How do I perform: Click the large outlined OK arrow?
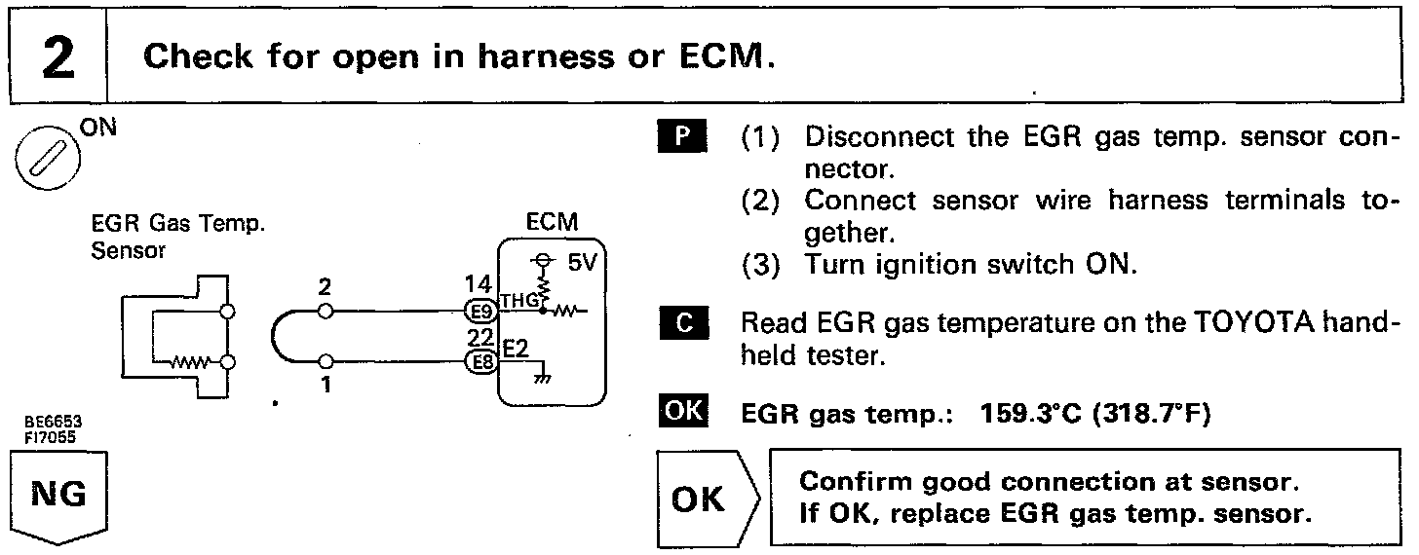702,499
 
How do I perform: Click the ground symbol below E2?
535,380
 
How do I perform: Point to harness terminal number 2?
326,288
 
